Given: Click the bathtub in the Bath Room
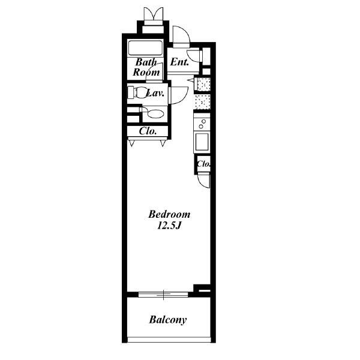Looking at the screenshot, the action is click(x=145, y=48).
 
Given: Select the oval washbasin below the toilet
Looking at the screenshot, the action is click(x=155, y=113).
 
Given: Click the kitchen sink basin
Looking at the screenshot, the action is click(x=202, y=142).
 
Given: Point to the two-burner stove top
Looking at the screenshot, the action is click(x=202, y=124).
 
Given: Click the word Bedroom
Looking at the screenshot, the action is click(x=169, y=214).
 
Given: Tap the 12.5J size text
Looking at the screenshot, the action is click(x=169, y=226).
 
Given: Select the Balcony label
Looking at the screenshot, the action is click(x=168, y=320).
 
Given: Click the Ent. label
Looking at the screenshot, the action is click(x=179, y=62).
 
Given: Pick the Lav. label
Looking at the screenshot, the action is click(x=155, y=93).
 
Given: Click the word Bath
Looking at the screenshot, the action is click(x=146, y=62).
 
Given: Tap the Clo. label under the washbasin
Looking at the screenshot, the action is click(x=148, y=131).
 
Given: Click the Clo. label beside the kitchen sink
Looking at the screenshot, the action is click(x=203, y=164).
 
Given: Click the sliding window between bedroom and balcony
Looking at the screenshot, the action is click(x=163, y=295).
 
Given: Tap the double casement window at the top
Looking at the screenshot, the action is click(x=154, y=14).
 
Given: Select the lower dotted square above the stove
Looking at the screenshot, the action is click(x=203, y=102).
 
